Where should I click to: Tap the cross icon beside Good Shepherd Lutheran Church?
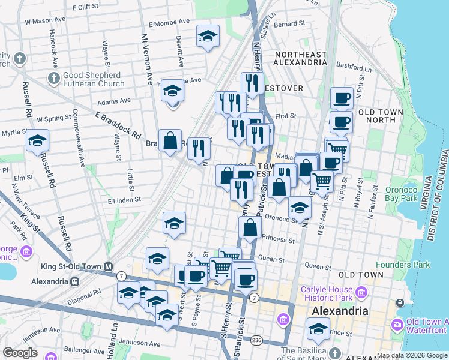pyautogui.click(x=53, y=79)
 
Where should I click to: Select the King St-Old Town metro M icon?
pyautogui.click(x=109, y=266)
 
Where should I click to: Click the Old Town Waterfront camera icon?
pyautogui.click(x=397, y=325)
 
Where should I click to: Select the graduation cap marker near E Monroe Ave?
pyautogui.click(x=208, y=37)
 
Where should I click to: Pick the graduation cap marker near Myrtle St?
pyautogui.click(x=37, y=141)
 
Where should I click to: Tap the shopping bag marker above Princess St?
pyautogui.click(x=250, y=228)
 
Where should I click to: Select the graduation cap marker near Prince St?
pyautogui.click(x=318, y=328)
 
